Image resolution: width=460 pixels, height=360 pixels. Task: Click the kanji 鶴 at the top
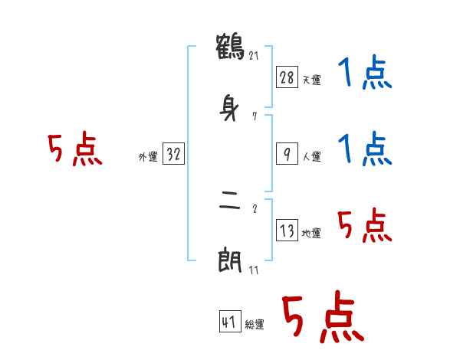pos(231,47)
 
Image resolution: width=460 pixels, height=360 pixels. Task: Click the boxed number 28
pos(287,77)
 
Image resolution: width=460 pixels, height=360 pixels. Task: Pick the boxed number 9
pos(287,154)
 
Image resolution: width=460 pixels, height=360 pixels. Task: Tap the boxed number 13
pos(287,231)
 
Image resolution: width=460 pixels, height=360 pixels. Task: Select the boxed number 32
pos(173,154)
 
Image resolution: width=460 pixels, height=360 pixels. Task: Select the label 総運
pos(255,325)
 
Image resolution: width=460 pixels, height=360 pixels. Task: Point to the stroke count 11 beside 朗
pos(255,270)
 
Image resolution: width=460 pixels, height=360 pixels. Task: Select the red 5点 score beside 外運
pos(74,150)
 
